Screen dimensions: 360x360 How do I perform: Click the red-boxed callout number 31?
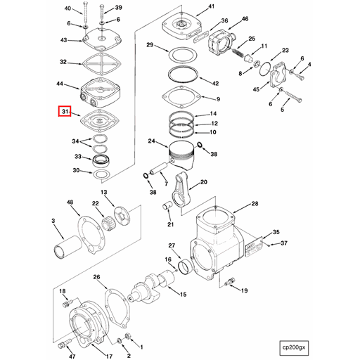pyautogui.click(x=64, y=112)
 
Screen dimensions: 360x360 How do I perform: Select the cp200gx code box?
pyautogui.click(x=295, y=347)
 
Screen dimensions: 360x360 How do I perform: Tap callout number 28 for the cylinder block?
pyautogui.click(x=255, y=205)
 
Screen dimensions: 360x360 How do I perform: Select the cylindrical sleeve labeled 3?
pyautogui.click(x=65, y=252)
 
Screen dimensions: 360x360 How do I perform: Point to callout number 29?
pyautogui.click(x=149, y=45)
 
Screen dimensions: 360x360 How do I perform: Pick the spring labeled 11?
pyautogui.click(x=243, y=53)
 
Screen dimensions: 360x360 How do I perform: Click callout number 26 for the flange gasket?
pyautogui.click(x=97, y=277)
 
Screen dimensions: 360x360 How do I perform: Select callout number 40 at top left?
pyautogui.click(x=67, y=8)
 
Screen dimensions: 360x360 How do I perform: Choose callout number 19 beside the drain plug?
pyautogui.click(x=244, y=290)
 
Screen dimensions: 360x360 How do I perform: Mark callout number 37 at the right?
pyautogui.click(x=284, y=244)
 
